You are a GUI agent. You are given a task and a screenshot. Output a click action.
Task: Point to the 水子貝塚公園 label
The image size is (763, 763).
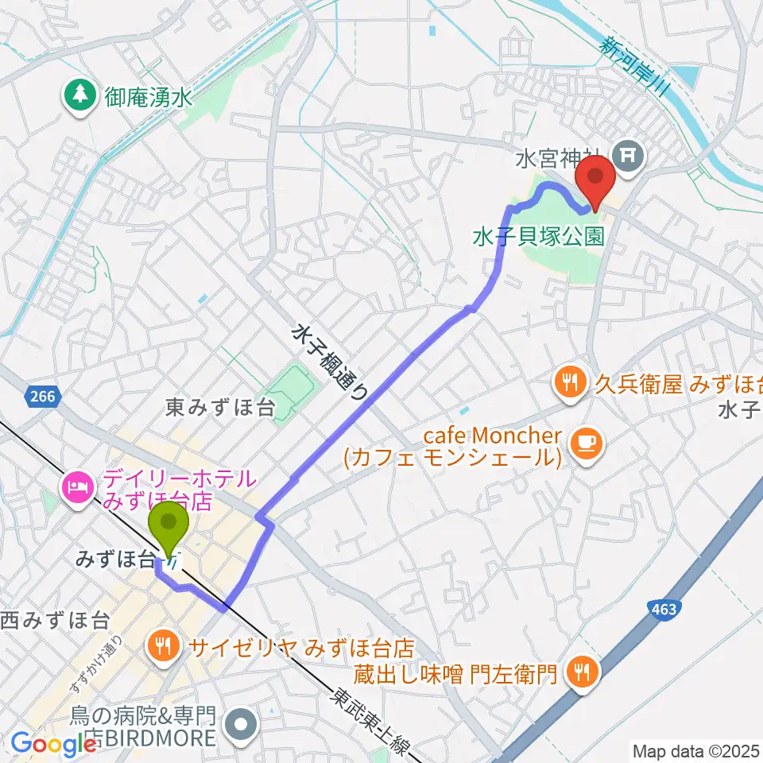[x=537, y=236]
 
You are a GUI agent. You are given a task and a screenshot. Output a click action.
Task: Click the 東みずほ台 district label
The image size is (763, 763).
[x=221, y=408]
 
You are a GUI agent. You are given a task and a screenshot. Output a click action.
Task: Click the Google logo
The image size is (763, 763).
[x=54, y=745]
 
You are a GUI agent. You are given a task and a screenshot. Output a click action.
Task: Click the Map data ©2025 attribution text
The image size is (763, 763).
[x=695, y=749]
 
